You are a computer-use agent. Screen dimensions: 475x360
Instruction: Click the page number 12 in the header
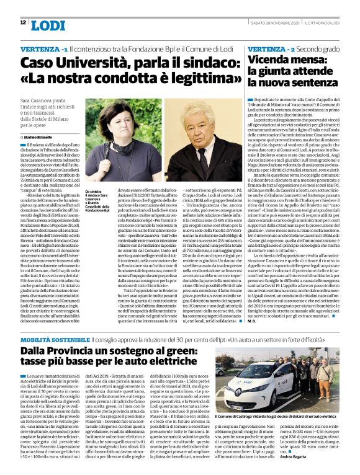coord(22,22)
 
